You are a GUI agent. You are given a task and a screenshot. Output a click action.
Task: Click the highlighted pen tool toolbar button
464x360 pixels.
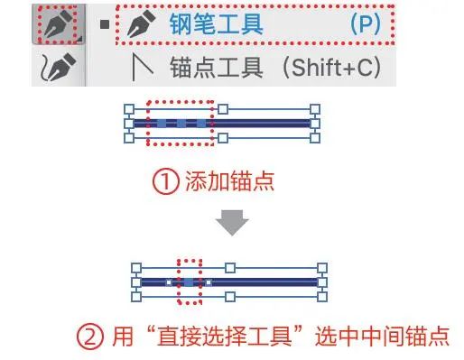[58, 24]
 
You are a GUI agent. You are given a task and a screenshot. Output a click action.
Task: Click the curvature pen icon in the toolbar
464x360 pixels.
[58, 67]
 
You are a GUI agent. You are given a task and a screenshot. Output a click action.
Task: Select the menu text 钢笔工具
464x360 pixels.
[216, 24]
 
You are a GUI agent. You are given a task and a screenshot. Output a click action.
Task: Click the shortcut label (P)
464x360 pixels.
[366, 23]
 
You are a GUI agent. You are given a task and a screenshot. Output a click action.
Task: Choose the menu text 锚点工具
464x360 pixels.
[216, 68]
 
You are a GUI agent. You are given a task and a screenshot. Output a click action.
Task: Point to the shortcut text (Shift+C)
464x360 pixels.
[331, 68]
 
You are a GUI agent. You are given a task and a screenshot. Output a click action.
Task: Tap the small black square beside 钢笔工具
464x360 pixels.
[105, 24]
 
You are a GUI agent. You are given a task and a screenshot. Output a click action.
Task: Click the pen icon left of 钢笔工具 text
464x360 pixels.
[142, 24]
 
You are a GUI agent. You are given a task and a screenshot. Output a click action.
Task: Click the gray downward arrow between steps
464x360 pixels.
[232, 223]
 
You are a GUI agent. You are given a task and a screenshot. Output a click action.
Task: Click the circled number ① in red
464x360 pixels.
[165, 181]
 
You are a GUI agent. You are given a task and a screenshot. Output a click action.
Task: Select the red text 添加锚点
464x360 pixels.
[229, 181]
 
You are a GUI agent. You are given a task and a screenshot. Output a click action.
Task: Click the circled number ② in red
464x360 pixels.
[90, 336]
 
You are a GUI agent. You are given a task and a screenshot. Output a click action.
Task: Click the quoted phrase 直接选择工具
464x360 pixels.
[224, 336]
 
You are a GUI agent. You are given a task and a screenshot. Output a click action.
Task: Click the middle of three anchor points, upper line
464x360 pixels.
[181, 124]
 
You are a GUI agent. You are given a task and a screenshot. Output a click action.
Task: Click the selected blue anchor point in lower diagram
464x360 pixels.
[189, 282]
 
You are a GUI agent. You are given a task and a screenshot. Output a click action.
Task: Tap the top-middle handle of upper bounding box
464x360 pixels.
[223, 109]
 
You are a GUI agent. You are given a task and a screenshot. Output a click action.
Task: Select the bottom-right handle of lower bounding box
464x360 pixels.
[322, 297]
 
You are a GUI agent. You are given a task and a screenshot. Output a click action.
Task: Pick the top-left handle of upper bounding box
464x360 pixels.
[129, 109]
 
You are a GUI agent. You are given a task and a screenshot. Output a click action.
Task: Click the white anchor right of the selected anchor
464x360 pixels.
[209, 282]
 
